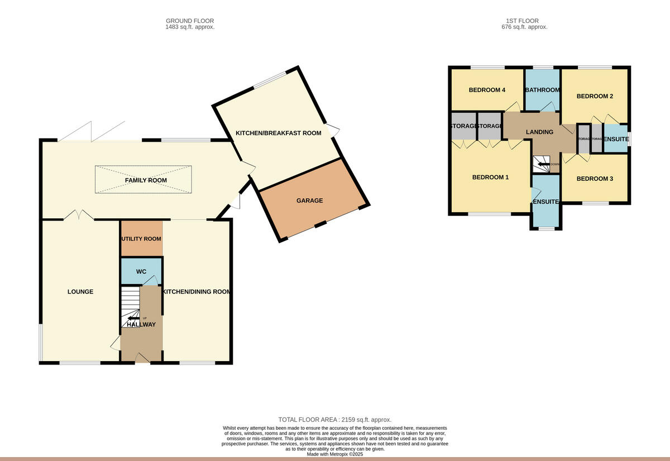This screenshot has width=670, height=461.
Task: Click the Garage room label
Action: point(309,201)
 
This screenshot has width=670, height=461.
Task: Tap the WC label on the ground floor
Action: point(141,272)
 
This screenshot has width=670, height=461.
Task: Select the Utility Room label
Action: point(141,239)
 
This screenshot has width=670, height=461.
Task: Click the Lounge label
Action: point(80,292)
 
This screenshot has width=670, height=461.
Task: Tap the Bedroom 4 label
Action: point(487,90)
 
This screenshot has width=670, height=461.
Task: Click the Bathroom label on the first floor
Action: point(542,90)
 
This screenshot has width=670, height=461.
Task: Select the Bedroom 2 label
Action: point(595,96)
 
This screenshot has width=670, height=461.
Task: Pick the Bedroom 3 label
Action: point(595,179)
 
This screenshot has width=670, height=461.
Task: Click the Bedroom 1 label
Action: point(490,178)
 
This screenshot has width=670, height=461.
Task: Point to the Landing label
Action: point(540,132)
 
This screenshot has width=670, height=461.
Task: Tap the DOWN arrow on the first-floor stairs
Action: point(542,164)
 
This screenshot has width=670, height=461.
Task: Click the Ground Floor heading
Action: point(190,21)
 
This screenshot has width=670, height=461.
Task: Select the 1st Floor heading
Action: point(523,21)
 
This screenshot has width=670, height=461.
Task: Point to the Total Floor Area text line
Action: point(335,420)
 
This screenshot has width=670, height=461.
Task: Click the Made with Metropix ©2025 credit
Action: point(335,454)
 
